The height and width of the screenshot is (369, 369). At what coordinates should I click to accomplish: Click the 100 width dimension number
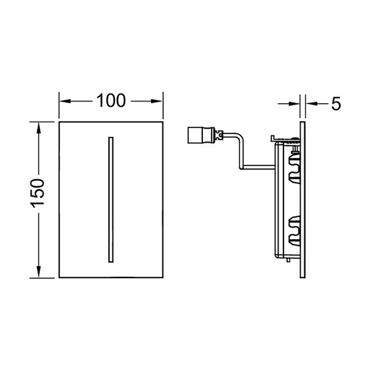click(x=111, y=101)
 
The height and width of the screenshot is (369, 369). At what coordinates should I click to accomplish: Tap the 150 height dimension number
click(x=38, y=194)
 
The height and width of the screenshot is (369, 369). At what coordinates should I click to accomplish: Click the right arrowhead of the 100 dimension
click(x=157, y=101)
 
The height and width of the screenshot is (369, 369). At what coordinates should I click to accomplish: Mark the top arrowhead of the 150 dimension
click(x=39, y=128)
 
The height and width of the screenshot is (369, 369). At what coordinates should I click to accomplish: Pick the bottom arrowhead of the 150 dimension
click(x=39, y=272)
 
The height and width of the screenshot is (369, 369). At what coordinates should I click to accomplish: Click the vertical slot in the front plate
click(x=111, y=199)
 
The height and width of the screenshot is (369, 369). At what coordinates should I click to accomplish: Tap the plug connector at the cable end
click(x=201, y=135)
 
